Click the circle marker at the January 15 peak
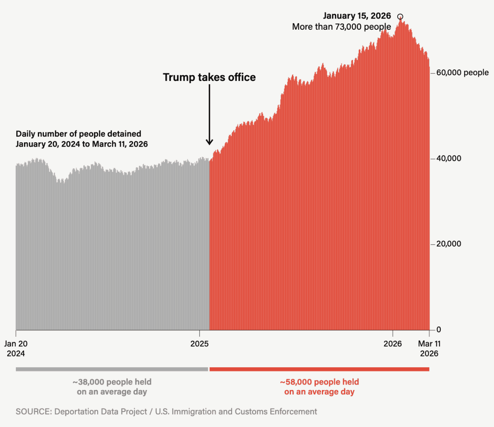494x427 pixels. pyautogui.click(x=400, y=17)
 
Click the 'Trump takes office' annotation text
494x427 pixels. pyautogui.click(x=209, y=77)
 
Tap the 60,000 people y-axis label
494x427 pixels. pyautogui.click(x=462, y=73)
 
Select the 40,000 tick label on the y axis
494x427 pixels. pyautogui.click(x=448, y=158)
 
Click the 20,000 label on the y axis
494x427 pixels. pyautogui.click(x=448, y=244)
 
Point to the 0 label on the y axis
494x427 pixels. pyautogui.click(x=438, y=330)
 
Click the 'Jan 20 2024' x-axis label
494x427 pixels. pyautogui.click(x=16, y=348)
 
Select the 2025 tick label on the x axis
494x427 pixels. pyautogui.click(x=199, y=344)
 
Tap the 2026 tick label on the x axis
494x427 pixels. pyautogui.click(x=392, y=344)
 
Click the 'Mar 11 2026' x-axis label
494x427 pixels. pyautogui.click(x=429, y=348)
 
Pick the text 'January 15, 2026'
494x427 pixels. pyautogui.click(x=357, y=16)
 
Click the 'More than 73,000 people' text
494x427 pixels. pyautogui.click(x=341, y=27)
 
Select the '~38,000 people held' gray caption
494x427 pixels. pyautogui.click(x=112, y=382)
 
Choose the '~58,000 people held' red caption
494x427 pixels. pyautogui.click(x=320, y=382)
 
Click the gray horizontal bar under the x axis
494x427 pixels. pyautogui.click(x=112, y=369)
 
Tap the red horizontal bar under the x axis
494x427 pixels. pyautogui.click(x=319, y=369)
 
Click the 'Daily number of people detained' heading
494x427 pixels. pyautogui.click(x=78, y=134)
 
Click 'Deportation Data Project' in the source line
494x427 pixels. pyautogui.click(x=100, y=412)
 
